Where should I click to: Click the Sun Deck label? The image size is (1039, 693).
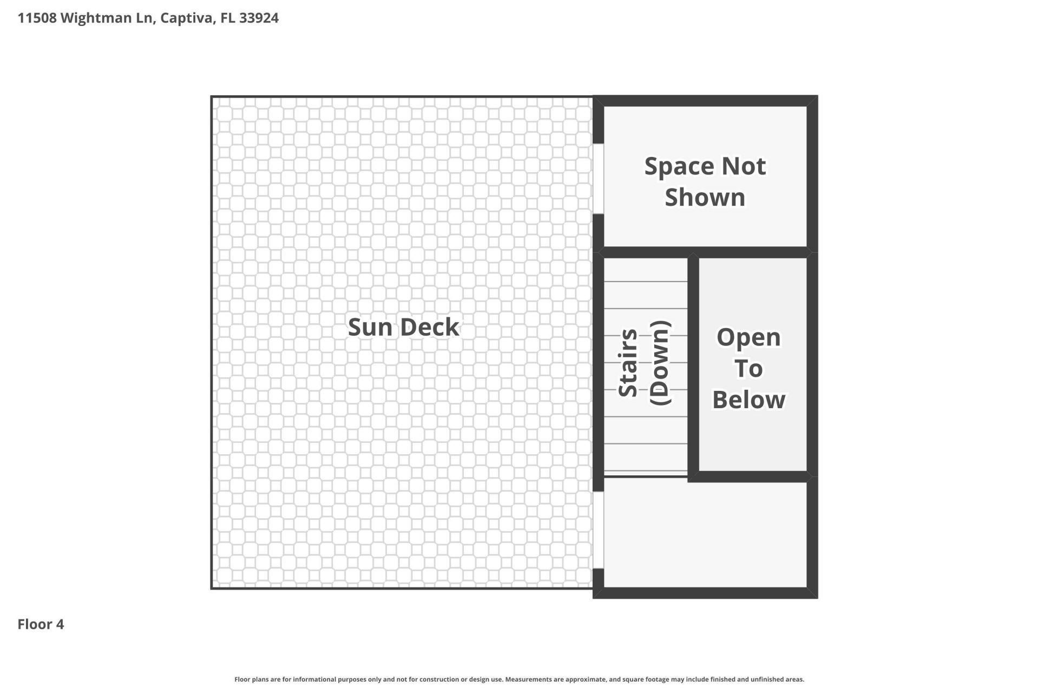coord(403,327)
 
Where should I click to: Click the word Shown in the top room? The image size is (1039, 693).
coord(705,197)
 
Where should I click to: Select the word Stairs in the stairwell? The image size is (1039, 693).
coord(628,363)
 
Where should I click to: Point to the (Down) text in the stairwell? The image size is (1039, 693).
coord(660,363)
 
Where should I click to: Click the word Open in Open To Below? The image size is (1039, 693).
coord(748,337)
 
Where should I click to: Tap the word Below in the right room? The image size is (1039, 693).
coord(748,400)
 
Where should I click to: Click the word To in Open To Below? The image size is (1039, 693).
coord(748,369)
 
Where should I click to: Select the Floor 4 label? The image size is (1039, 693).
coord(41,624)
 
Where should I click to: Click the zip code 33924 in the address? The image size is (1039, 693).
coord(259,18)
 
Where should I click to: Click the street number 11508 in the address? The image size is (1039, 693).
coord(37,18)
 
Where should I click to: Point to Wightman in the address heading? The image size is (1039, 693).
coord(96,18)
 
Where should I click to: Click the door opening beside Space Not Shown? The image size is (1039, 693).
coord(598,179)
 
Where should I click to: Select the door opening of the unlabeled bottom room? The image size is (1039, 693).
coord(598,529)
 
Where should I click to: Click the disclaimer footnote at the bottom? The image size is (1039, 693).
coord(519,679)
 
